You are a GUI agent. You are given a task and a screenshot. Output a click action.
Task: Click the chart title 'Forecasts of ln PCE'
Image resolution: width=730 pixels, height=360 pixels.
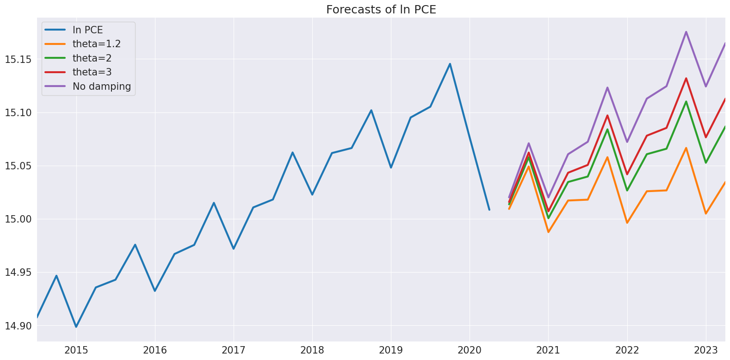coord(381,10)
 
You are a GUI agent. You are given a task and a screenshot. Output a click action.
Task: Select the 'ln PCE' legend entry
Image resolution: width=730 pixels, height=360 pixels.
coord(87,30)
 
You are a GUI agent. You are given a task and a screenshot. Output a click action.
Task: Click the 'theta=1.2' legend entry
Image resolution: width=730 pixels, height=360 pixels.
coord(96,44)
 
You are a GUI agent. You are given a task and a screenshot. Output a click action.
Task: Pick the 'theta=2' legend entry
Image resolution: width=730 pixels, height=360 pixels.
coord(92,58)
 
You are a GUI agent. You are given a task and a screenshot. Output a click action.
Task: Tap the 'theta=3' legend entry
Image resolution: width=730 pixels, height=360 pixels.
coord(92,72)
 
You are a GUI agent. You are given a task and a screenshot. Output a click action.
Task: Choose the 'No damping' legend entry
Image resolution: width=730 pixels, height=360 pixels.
coord(101,87)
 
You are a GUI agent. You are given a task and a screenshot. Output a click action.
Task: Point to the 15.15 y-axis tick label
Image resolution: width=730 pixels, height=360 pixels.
coord(18,59)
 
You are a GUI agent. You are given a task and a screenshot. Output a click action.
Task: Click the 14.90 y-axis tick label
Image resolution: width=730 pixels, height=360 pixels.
coord(18,326)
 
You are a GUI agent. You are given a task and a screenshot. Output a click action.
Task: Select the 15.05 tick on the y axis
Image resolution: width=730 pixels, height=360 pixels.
coord(18,166)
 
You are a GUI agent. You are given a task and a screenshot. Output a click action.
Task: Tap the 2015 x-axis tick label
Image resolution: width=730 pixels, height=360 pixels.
coord(76,350)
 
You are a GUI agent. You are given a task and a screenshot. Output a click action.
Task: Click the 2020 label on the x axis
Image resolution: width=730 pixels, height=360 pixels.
coord(470,350)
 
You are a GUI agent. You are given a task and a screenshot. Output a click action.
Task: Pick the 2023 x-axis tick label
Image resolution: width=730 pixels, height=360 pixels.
coord(705,350)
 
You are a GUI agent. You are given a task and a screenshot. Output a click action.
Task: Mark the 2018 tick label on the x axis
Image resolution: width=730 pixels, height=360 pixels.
coord(312,350)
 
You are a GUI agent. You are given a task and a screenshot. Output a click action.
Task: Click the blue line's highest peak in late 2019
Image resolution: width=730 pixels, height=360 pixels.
coord(450,64)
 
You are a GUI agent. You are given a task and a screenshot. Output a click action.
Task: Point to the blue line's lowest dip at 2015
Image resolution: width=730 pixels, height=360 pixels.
coord(76,327)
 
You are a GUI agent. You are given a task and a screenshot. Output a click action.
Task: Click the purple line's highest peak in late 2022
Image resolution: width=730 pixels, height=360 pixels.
coord(686,32)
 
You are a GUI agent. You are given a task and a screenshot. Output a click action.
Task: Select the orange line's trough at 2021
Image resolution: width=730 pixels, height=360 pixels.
coord(548,232)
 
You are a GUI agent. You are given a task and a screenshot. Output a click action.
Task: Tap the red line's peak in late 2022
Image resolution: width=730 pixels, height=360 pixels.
coord(686,78)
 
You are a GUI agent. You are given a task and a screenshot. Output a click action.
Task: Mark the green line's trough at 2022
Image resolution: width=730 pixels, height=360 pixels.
coord(627,191)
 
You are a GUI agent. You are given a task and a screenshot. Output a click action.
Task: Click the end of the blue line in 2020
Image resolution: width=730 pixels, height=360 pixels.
coord(489,210)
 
